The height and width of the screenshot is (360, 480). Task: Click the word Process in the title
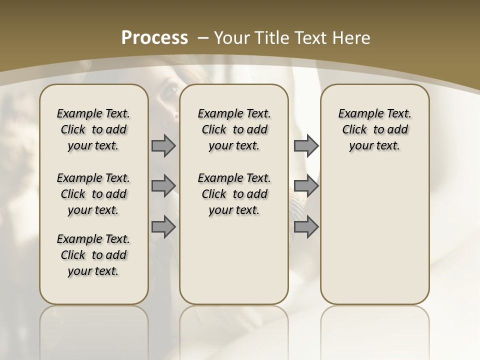[154, 37]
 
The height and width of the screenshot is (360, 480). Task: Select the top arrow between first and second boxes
[163, 145]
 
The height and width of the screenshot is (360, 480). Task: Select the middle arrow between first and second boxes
[163, 186]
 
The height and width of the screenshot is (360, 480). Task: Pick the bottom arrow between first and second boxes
[163, 227]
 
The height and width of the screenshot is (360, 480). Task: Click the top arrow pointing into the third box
[306, 145]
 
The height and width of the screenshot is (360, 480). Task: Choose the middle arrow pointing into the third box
[306, 186]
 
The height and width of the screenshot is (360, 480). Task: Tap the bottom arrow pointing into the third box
[306, 227]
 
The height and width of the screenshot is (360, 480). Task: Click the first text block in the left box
[93, 129]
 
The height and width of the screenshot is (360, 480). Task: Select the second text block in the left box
[93, 194]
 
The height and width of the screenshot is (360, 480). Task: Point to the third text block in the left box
[93, 255]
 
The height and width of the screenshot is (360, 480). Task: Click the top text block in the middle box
[234, 129]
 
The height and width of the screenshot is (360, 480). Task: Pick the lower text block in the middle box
[234, 194]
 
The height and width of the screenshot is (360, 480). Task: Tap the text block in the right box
[374, 129]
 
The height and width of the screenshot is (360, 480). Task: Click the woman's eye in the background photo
[171, 90]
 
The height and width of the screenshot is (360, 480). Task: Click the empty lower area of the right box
[374, 235]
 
